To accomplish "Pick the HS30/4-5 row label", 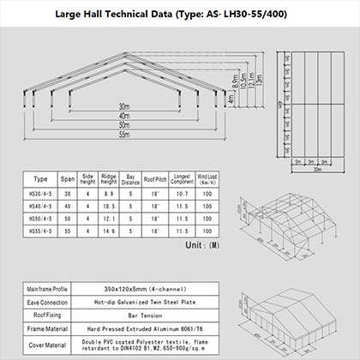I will coord(40,195).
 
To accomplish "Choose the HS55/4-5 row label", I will coord(40,232).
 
